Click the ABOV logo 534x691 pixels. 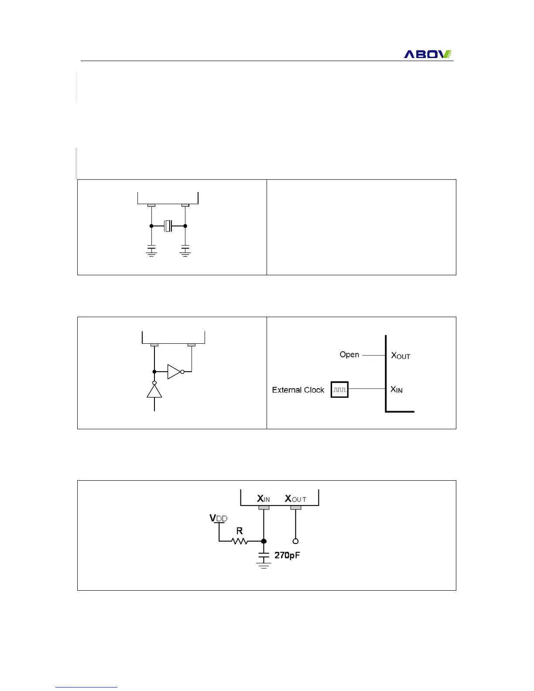pyautogui.click(x=427, y=54)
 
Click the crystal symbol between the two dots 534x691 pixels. pyautogui.click(x=168, y=226)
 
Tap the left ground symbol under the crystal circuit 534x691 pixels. pyautogui.click(x=151, y=252)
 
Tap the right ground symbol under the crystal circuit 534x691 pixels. pyautogui.click(x=185, y=252)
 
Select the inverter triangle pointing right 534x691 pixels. pyautogui.click(x=174, y=372)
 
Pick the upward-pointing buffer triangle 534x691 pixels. pyautogui.click(x=154, y=391)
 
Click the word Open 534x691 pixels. pyautogui.click(x=349, y=355)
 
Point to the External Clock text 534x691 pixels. pyautogui.click(x=298, y=390)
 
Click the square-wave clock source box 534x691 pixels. pyautogui.click(x=339, y=389)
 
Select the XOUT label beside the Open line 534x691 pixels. pyautogui.click(x=400, y=356)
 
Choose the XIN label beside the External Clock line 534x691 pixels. pyautogui.click(x=397, y=389)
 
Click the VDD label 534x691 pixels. pyautogui.click(x=218, y=518)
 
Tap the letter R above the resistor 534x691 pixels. pyautogui.click(x=240, y=531)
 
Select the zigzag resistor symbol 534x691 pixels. pyautogui.click(x=240, y=541)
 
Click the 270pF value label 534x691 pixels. pyautogui.click(x=287, y=555)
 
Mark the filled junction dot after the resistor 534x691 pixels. pyautogui.click(x=264, y=541)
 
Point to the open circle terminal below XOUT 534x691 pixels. pyautogui.click(x=296, y=541)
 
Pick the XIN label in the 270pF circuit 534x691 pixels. pyautogui.click(x=264, y=499)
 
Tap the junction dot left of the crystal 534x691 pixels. pyautogui.click(x=151, y=226)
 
